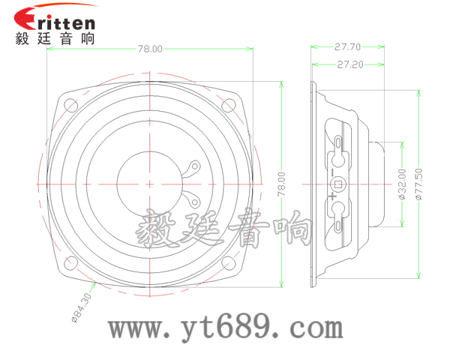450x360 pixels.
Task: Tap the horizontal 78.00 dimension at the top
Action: [149, 49]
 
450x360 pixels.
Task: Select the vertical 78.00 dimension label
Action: [281, 184]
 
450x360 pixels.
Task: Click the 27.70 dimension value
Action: [349, 46]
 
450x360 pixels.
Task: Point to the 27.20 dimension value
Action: [350, 64]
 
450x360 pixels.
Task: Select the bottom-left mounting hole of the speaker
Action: [70, 262]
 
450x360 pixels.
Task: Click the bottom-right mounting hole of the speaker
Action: [229, 262]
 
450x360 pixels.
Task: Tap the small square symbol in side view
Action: [338, 183]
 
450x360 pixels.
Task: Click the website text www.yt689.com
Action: [225, 328]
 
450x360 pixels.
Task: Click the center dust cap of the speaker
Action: [149, 183]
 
